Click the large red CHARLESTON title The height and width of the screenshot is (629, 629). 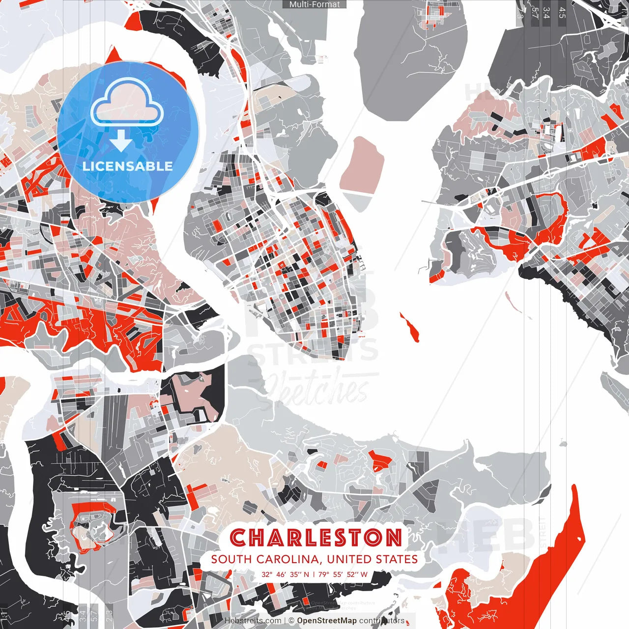315,538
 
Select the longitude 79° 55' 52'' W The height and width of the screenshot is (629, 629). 343,574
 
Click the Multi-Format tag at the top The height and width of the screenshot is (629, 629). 314,4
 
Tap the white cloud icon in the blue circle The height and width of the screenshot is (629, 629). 127,103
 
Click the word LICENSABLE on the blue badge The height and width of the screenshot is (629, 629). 128,166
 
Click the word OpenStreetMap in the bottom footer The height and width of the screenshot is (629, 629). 327,621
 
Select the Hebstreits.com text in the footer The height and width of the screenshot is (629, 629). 253,621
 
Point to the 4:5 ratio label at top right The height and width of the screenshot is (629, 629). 562,12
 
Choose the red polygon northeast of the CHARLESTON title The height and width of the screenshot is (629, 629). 381,460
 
